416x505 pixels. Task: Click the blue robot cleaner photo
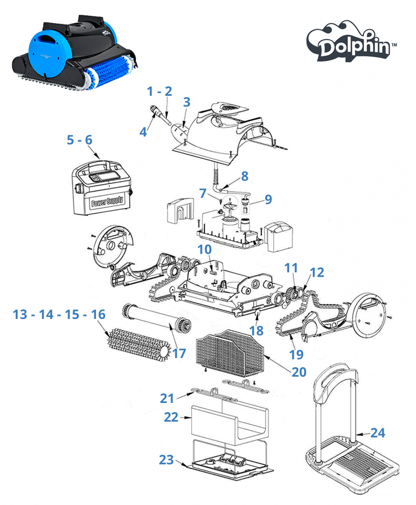pos(75,51)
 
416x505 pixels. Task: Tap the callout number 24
pos(377,433)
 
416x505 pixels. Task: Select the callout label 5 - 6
pos(80,140)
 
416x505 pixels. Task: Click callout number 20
pos(299,372)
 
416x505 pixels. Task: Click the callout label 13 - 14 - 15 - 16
pos(59,315)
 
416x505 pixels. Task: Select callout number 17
pos(179,353)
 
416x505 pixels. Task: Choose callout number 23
pos(166,459)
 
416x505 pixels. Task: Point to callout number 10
pos(204,250)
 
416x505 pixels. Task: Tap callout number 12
pos(316,272)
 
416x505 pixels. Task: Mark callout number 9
pos(268,200)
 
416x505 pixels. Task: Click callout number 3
pos(186,102)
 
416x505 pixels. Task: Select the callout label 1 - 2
pos(159,91)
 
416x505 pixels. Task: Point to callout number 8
pos(244,176)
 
